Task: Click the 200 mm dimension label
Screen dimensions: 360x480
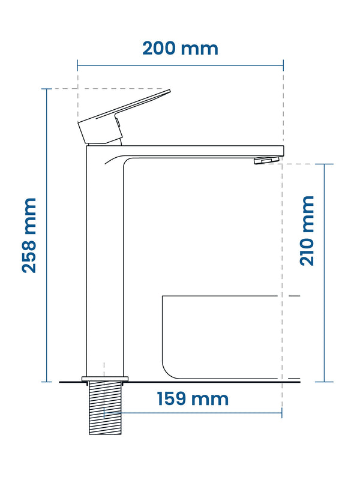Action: [x=181, y=49]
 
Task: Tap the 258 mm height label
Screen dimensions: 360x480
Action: [x=29, y=235]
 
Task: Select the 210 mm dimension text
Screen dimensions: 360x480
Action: [x=307, y=231]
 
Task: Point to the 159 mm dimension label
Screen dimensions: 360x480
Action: [x=193, y=398]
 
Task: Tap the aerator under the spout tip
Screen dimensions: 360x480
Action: [x=266, y=160]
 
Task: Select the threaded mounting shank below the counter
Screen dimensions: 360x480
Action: [x=105, y=408]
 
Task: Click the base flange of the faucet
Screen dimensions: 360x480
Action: [x=105, y=379]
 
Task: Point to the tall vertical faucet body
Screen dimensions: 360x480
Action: [x=104, y=263]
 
